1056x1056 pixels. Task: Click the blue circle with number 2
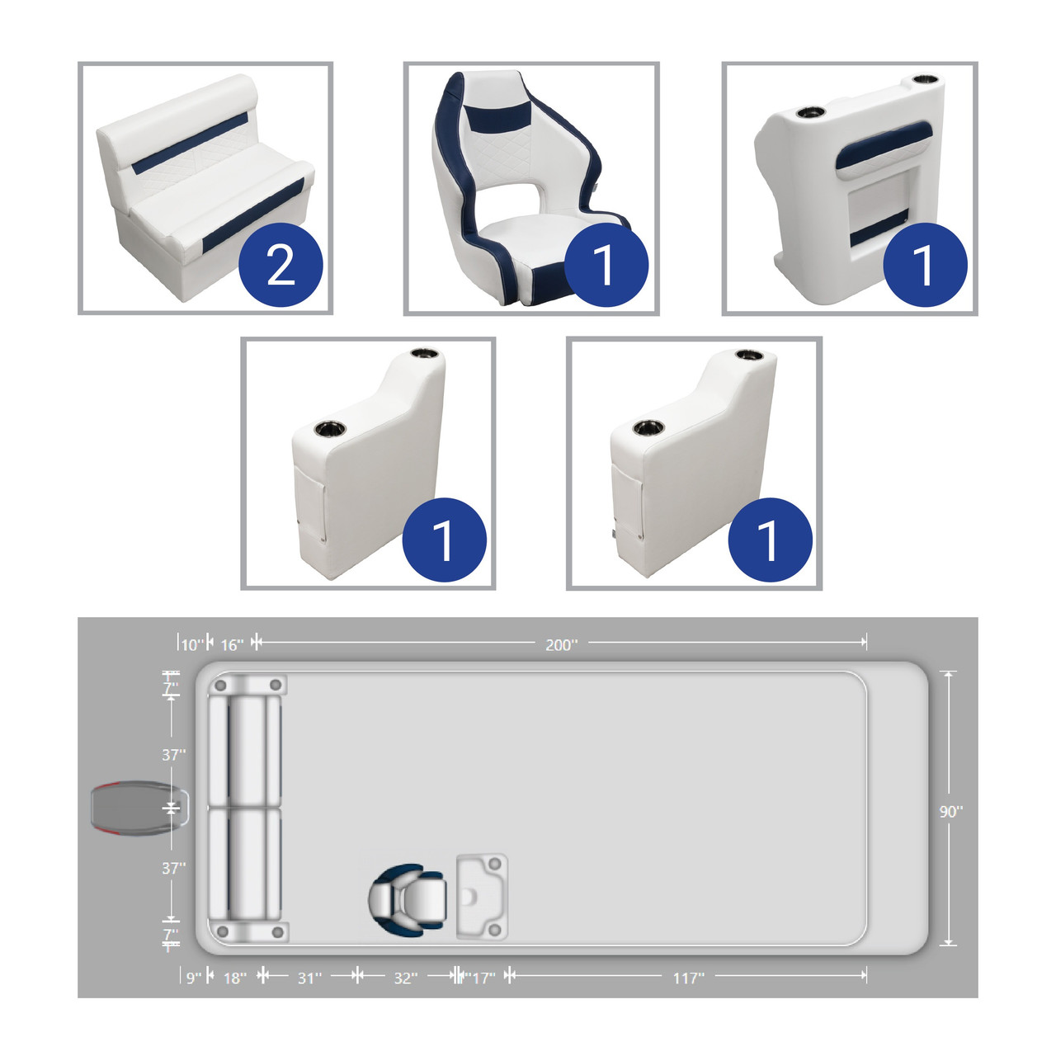click(x=280, y=265)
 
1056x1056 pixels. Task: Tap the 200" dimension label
click(x=561, y=645)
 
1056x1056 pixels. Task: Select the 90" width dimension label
click(x=950, y=812)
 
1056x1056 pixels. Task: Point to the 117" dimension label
click(x=688, y=978)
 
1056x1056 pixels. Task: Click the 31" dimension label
click(x=309, y=978)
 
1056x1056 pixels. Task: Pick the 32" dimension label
click(x=406, y=978)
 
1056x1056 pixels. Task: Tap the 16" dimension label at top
click(x=232, y=645)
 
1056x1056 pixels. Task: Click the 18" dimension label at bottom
click(x=234, y=978)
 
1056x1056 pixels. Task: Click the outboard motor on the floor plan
click(x=140, y=808)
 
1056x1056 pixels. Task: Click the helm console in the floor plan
click(x=482, y=896)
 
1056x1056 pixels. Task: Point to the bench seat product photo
click(x=205, y=188)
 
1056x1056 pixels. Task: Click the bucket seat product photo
click(x=531, y=189)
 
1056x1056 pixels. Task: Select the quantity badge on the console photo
click(x=925, y=265)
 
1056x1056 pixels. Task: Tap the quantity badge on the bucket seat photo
click(x=606, y=265)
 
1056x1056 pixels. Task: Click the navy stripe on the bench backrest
click(x=189, y=144)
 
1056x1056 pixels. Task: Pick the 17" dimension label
click(x=483, y=978)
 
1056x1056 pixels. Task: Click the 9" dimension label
click(x=194, y=978)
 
